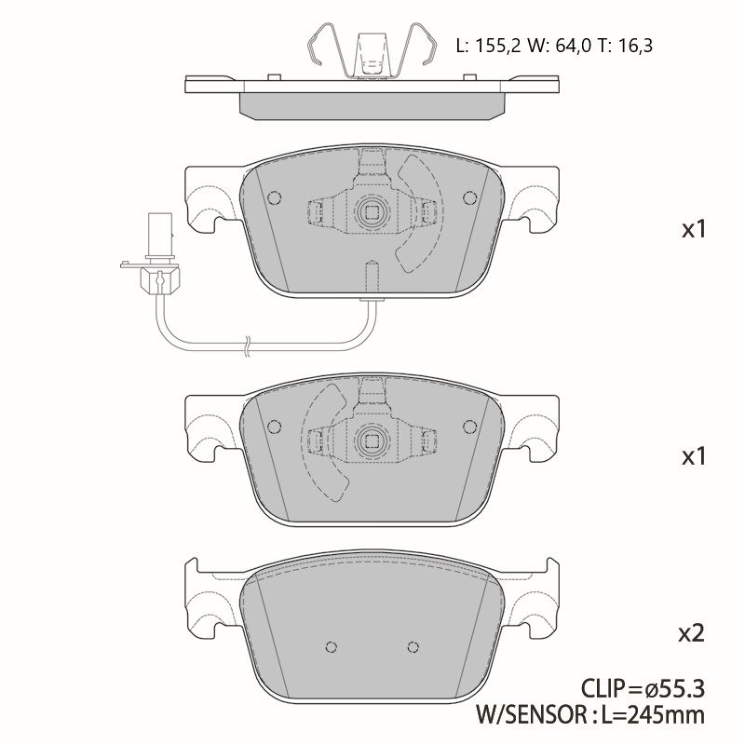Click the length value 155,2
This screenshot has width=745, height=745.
click(498, 46)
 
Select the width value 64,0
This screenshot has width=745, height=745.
click(574, 46)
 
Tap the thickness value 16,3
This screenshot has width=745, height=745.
click(635, 46)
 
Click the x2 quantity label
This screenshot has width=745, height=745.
click(691, 633)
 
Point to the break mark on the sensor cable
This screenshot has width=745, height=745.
click(247, 345)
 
